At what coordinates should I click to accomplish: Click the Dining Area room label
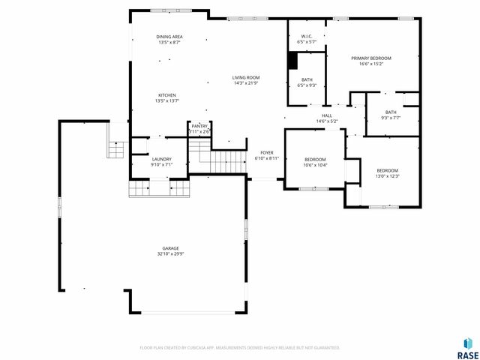pos(169,37)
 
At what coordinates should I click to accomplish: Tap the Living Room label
pos(245,77)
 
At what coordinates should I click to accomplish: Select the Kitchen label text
pos(166,94)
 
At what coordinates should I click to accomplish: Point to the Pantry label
pos(199,127)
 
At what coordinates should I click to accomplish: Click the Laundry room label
pos(161,159)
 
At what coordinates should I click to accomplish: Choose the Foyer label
pos(266,153)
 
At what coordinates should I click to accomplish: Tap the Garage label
pos(171,248)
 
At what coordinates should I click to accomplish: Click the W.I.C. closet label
pos(307,36)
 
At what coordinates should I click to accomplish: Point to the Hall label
pos(327,115)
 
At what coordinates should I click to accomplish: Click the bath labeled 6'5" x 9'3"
pos(307,79)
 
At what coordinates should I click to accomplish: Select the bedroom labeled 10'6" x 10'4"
pos(315,159)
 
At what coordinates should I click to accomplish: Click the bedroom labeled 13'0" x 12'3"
pos(387,170)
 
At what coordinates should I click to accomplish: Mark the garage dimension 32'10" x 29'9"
pos(171,254)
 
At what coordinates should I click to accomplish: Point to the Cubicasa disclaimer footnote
pos(240,347)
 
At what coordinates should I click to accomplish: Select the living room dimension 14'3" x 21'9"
pos(245,83)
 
